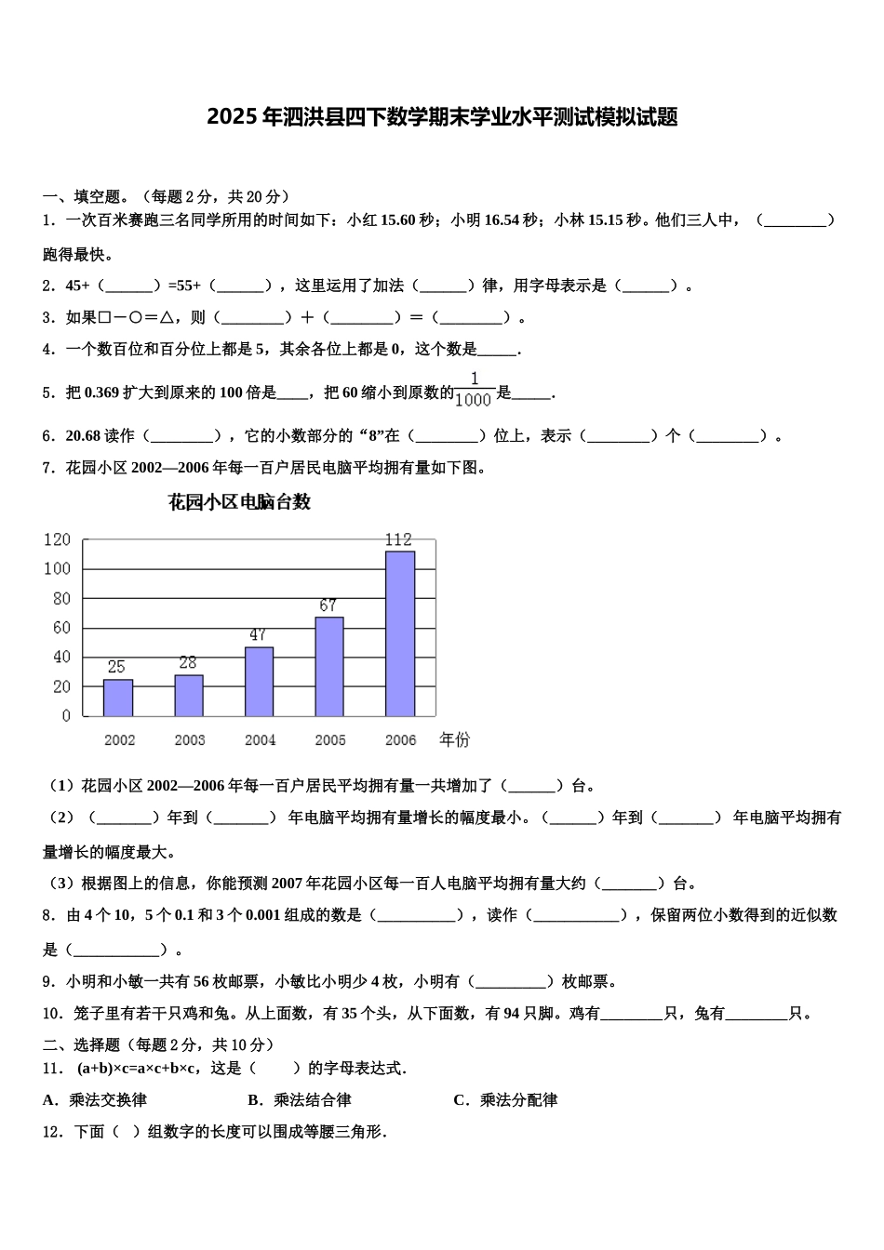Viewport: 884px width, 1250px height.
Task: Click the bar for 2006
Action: pos(400,633)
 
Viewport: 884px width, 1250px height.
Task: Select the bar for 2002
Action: pos(118,698)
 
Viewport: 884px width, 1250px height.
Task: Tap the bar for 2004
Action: pos(259,682)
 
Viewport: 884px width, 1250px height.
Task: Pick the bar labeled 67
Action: pos(329,666)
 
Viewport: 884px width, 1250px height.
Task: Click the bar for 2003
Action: pos(189,696)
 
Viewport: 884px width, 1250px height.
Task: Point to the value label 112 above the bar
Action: pos(398,539)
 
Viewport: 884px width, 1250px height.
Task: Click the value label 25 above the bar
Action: pos(116,667)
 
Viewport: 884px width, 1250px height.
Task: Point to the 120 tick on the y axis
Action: pos(57,539)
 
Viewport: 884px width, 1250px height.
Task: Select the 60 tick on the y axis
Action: pos(61,628)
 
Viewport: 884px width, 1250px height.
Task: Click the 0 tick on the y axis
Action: pos(66,716)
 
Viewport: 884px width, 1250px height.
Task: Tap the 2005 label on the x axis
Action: pos(330,740)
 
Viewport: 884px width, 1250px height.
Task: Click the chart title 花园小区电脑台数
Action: pos(239,502)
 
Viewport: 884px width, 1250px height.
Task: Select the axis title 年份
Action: pos(455,739)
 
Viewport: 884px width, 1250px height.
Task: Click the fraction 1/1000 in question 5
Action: pos(474,390)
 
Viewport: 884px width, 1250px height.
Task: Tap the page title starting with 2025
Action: pos(442,117)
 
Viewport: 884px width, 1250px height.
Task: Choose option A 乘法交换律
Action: pos(95,1100)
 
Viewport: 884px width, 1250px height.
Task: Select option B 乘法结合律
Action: pos(300,1100)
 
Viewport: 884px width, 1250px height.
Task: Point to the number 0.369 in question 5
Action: pos(101,393)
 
